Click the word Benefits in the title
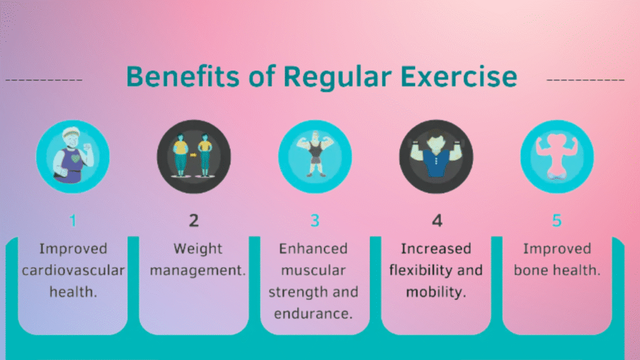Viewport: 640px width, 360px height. coord(182,76)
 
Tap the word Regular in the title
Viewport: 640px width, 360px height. coord(337,77)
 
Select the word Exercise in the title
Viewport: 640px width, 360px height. coord(458,76)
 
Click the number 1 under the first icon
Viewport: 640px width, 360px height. coord(73,221)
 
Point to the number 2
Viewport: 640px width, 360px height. coord(194,221)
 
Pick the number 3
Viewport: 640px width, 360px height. coord(315,221)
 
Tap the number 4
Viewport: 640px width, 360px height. coord(437,221)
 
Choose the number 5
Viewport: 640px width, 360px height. coord(557,221)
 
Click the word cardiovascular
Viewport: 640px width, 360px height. coord(73,270)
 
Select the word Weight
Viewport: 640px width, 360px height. coord(198,249)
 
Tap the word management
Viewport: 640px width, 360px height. coord(197,271)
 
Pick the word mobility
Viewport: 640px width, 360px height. coord(434,292)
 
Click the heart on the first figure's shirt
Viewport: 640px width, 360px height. coord(76,158)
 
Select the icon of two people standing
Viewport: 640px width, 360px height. coord(194,156)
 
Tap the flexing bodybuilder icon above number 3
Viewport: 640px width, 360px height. coord(315,156)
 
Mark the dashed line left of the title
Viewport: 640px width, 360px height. coord(44,80)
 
